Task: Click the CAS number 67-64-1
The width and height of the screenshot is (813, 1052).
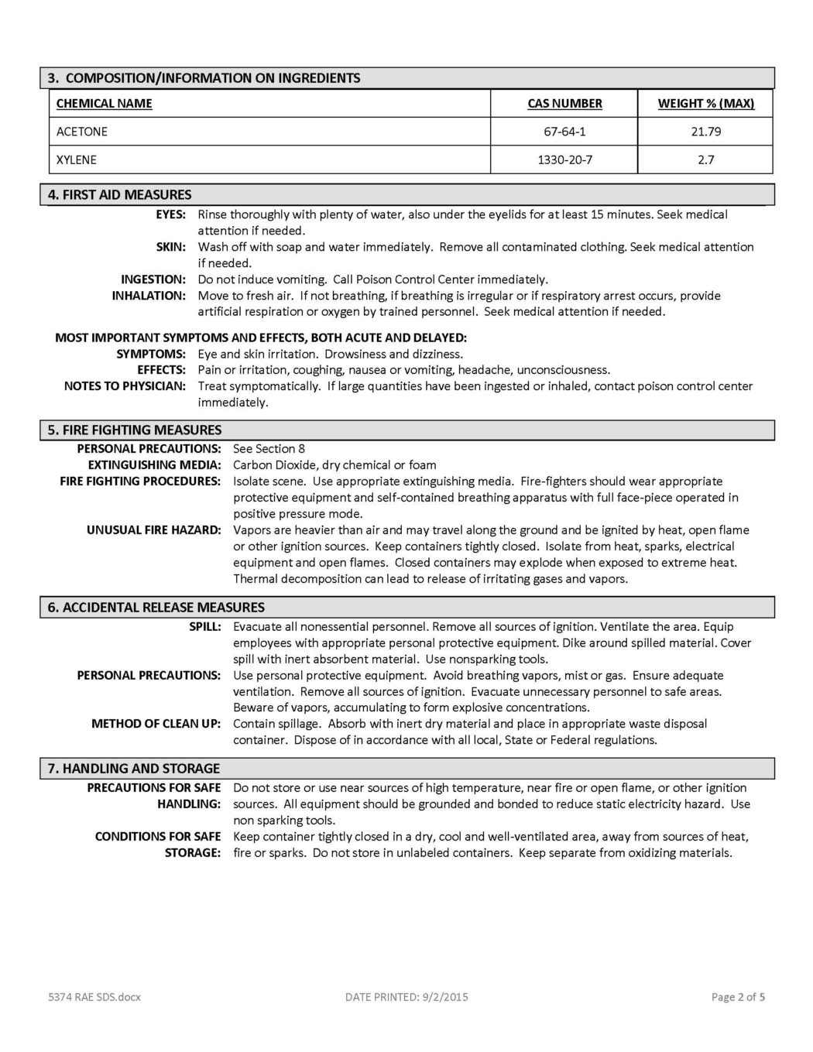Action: coord(564,132)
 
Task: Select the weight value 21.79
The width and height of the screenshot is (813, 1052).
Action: coord(705,132)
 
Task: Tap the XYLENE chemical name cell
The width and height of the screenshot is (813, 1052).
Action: coord(77,160)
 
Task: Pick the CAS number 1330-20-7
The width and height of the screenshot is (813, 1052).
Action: coord(564,160)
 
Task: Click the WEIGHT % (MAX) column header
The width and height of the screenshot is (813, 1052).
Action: coord(705,104)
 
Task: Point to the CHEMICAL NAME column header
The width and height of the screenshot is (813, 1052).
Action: coord(105,104)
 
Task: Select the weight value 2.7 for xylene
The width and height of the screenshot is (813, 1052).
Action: coord(705,160)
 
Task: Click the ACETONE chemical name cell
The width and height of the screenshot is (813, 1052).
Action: coord(82,132)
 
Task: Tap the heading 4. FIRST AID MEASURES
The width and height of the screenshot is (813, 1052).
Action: coord(119,194)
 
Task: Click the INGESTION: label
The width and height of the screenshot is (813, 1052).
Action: coord(153,279)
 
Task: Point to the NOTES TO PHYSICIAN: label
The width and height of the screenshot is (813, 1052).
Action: coord(125,386)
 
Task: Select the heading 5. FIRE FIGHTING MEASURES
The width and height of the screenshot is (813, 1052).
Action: coord(135,430)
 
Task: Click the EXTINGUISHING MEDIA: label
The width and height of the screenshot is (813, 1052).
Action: coord(154,465)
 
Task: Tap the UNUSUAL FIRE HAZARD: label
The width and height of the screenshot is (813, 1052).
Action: coord(153,530)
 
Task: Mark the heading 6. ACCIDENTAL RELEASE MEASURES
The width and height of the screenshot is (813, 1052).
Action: coord(156,607)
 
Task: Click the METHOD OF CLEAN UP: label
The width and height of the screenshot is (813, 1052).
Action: coord(156,724)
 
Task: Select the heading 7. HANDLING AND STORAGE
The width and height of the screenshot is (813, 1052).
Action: coord(133,768)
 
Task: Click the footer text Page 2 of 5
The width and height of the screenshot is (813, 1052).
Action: coord(738,997)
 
